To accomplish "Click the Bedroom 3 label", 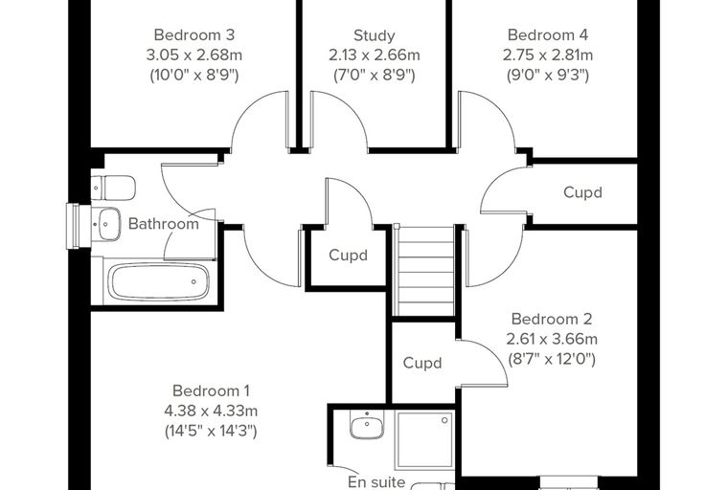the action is [x=194, y=34].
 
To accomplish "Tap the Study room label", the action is [x=375, y=35].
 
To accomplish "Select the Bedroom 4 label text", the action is [x=548, y=34].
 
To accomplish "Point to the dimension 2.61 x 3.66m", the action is [x=552, y=339].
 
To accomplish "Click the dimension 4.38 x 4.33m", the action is [x=211, y=411].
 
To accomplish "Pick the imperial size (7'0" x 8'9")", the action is [x=375, y=75].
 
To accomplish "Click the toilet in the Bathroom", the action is [x=113, y=188].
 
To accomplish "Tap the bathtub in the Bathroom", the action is [x=159, y=282].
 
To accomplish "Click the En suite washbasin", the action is [x=367, y=425].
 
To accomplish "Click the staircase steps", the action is [x=424, y=271].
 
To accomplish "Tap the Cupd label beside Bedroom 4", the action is [x=582, y=192].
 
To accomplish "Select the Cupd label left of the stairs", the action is [x=349, y=255].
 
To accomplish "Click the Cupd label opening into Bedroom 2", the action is [x=422, y=363].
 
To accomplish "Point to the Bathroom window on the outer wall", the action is [x=79, y=226].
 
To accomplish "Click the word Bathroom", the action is [x=164, y=224].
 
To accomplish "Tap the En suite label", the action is [x=376, y=482].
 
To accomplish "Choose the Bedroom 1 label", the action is [x=211, y=390].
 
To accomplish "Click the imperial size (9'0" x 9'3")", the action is [x=548, y=75].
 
